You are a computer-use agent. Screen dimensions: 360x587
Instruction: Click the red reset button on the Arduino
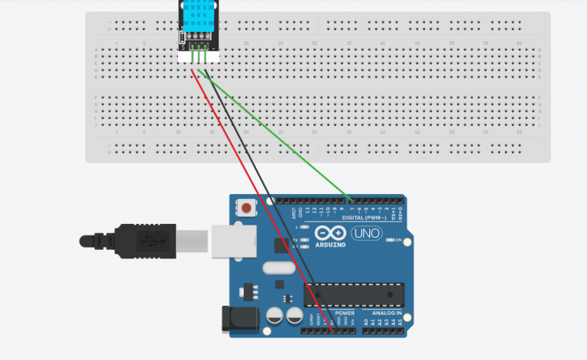tap(246, 208)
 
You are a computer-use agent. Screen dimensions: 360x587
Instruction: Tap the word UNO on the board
tap(367, 232)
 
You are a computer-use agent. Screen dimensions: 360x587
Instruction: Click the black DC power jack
tap(235, 319)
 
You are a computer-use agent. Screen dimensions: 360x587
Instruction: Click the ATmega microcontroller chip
tap(353, 293)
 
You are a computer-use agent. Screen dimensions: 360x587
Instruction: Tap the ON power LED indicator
tap(397, 241)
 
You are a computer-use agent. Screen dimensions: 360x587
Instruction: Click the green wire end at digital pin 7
tap(351, 203)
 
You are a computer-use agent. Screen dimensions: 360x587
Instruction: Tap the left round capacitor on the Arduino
tap(274, 315)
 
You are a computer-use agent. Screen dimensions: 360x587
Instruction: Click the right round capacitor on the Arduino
tap(293, 315)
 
